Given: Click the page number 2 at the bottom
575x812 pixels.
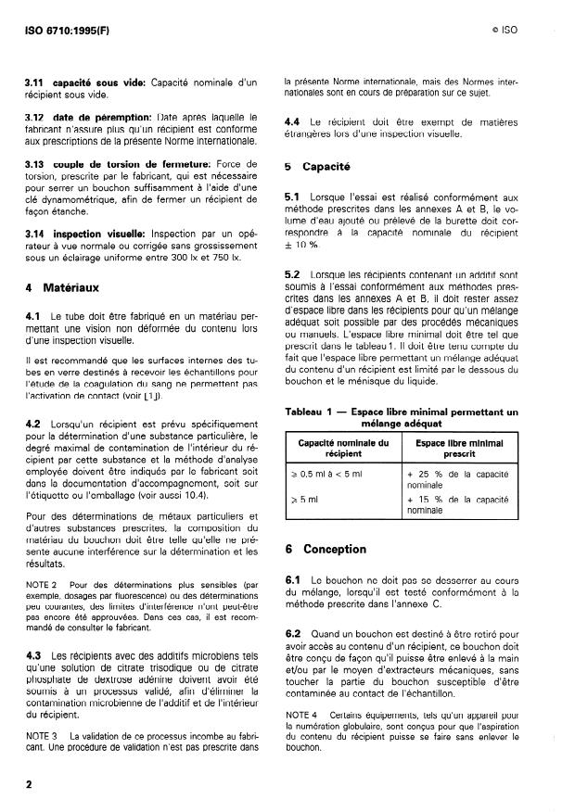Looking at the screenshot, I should pyautogui.click(x=29, y=784).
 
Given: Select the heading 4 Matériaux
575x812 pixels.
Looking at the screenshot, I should pyautogui.click(x=63, y=288).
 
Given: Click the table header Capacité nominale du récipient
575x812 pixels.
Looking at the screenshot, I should pyautogui.click(x=343, y=449).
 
